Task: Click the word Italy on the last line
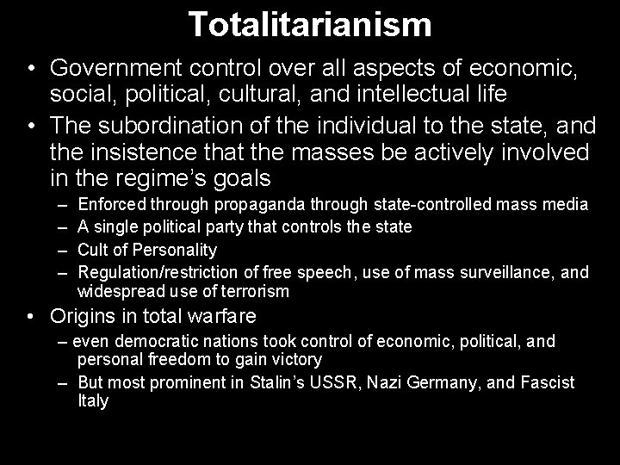tap(93, 400)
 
